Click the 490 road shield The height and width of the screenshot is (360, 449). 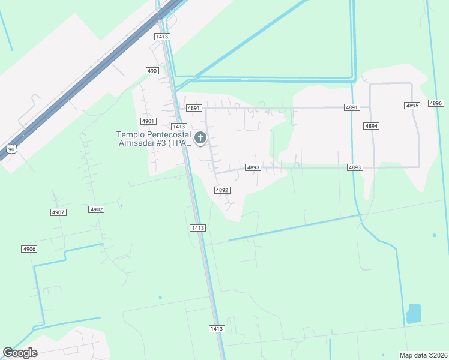click(x=152, y=71)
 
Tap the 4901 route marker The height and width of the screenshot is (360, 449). click(x=148, y=121)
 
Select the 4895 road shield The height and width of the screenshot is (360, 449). click(x=412, y=106)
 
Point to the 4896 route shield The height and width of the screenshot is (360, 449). click(x=436, y=103)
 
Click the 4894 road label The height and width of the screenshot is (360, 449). click(x=371, y=126)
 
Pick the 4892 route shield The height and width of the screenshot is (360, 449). click(x=222, y=190)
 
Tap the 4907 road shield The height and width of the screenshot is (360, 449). click(x=58, y=212)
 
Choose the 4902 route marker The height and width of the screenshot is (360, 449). click(x=96, y=209)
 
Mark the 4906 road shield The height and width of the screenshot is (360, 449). click(x=29, y=249)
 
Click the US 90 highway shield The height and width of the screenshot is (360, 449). click(x=11, y=149)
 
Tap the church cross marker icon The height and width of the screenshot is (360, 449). click(x=200, y=139)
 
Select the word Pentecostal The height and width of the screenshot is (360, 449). click(x=169, y=134)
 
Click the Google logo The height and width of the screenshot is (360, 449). click(x=20, y=353)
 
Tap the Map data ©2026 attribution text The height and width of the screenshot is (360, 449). click(x=422, y=355)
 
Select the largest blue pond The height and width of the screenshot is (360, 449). click(x=414, y=313)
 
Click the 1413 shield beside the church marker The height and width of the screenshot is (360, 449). click(x=178, y=127)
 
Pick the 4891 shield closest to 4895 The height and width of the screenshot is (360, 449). click(x=352, y=107)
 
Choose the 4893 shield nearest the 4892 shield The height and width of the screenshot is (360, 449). click(x=253, y=167)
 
